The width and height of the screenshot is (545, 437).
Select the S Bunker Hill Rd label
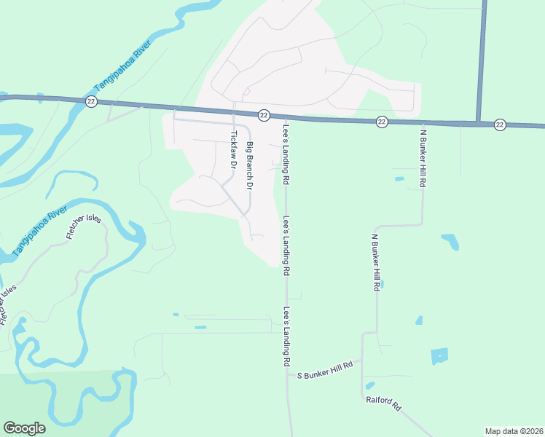tap(325, 369)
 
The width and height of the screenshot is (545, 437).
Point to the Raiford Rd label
tap(384, 403)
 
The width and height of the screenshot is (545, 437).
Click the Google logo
tap(24, 428)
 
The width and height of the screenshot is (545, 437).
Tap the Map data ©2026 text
tap(514, 430)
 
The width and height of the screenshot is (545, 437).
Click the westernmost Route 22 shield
tap(90, 101)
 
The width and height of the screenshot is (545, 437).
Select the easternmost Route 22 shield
tap(499, 125)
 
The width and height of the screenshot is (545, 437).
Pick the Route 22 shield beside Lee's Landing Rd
tap(264, 115)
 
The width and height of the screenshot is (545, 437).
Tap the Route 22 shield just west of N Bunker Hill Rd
tap(382, 122)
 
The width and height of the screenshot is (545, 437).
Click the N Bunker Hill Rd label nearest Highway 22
tap(423, 159)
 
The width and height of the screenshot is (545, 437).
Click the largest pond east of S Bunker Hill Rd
tap(439, 356)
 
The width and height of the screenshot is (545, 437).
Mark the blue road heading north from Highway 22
tap(481, 58)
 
